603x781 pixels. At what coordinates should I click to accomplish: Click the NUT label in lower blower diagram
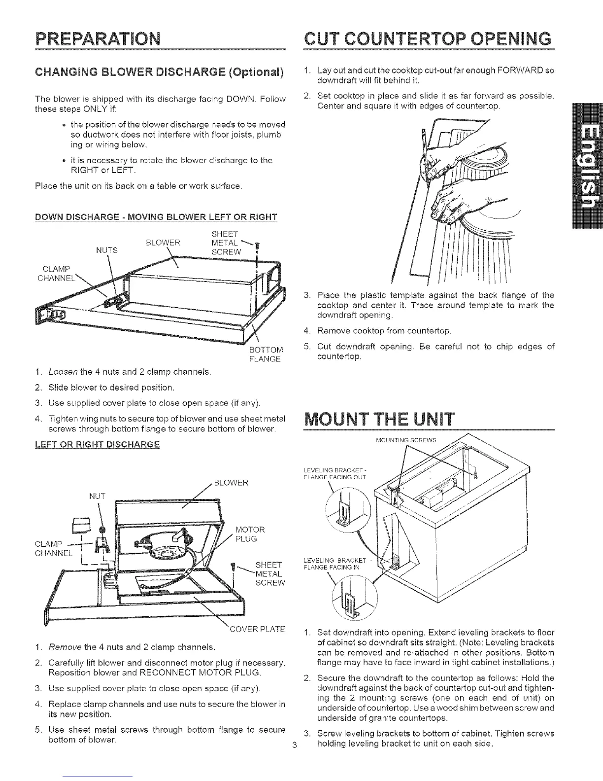tap(98, 496)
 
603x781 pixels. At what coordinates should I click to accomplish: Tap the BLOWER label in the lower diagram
tap(232, 482)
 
